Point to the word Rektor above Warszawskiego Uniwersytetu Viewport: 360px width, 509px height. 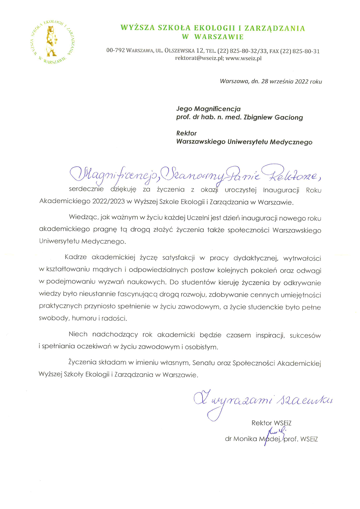pos(186,133)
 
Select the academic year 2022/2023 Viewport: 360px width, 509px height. pos(109,202)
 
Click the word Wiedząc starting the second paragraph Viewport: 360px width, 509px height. pos(83,218)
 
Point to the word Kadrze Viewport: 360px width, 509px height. pos(76,257)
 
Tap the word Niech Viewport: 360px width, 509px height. pos(78,334)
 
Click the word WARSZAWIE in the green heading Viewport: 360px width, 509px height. pos(219,37)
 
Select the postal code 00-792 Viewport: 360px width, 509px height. pos(115,51)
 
